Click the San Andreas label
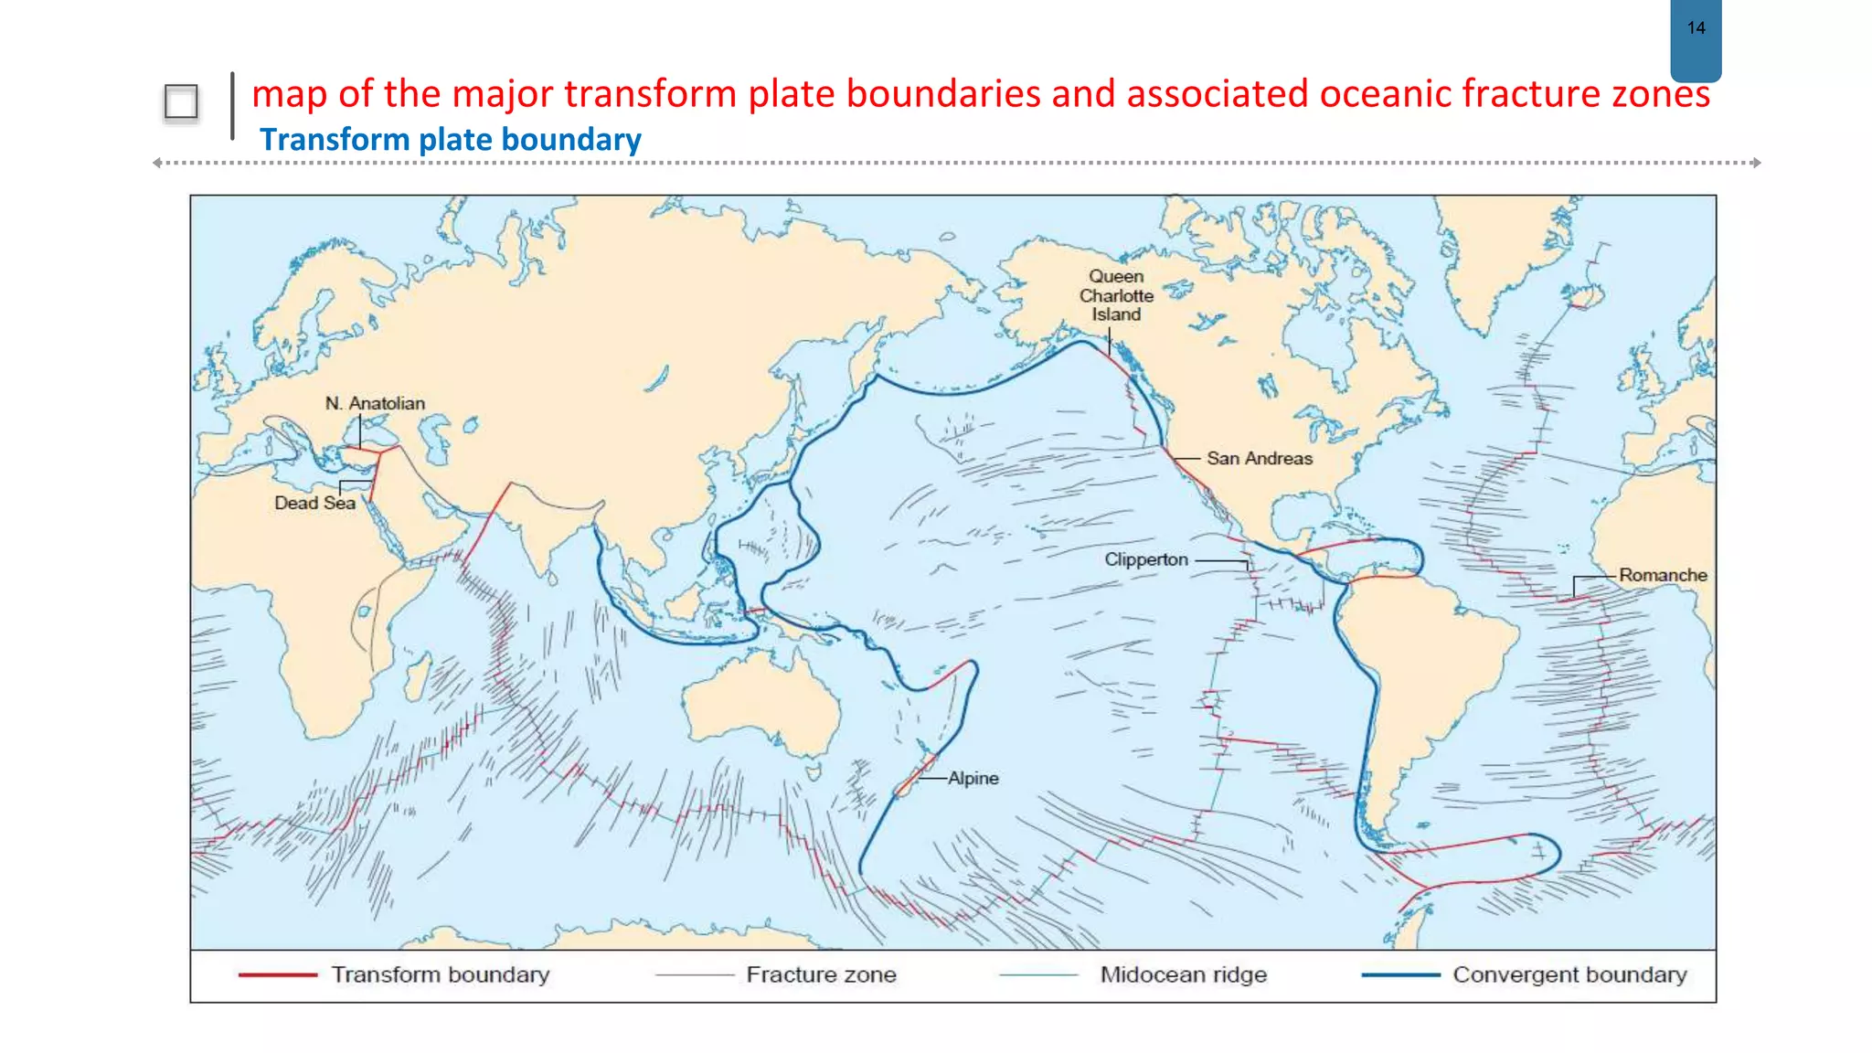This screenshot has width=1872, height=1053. click(x=1259, y=459)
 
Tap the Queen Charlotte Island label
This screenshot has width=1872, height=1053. click(x=1116, y=295)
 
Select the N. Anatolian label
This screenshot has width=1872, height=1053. click(x=375, y=403)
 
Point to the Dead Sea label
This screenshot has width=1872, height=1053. click(x=314, y=503)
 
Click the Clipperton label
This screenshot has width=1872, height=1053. click(x=1145, y=559)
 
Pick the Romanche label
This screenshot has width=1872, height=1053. click(x=1662, y=575)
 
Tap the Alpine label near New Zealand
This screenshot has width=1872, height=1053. click(x=973, y=778)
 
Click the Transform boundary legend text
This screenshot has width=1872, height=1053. click(x=440, y=974)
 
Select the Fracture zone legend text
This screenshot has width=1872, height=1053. click(x=821, y=974)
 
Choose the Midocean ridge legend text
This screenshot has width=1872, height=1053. click(x=1183, y=974)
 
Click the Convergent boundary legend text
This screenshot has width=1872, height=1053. click(x=1569, y=974)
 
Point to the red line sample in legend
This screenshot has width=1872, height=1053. click(x=277, y=975)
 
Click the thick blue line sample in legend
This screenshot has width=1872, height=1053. click(x=1399, y=975)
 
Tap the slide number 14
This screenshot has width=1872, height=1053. click(x=1696, y=28)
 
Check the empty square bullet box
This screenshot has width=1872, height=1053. click(x=181, y=101)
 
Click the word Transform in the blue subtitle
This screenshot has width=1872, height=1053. click(x=335, y=140)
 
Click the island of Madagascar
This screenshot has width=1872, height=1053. click(x=416, y=678)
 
